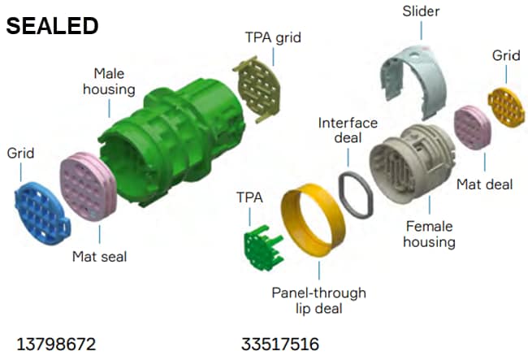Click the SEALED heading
tap(52, 26)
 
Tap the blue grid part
tap(42, 214)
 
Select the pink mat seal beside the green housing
tap(89, 186)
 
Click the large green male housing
tap(171, 141)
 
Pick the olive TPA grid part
tap(258, 89)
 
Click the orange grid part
tap(506, 107)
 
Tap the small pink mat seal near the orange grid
tap(473, 128)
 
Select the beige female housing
tap(412, 163)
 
